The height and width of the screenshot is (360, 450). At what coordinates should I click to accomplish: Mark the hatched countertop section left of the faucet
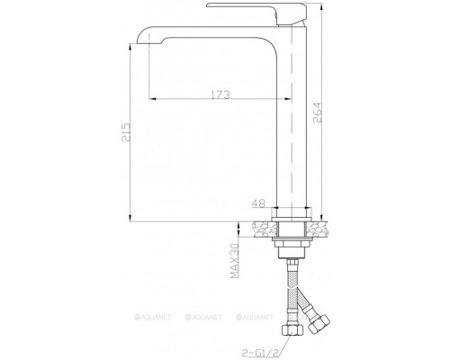coord(261,229)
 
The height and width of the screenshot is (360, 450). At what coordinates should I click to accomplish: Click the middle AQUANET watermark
coord(206,319)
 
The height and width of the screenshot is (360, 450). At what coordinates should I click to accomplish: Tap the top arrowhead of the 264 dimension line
coord(318,7)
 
